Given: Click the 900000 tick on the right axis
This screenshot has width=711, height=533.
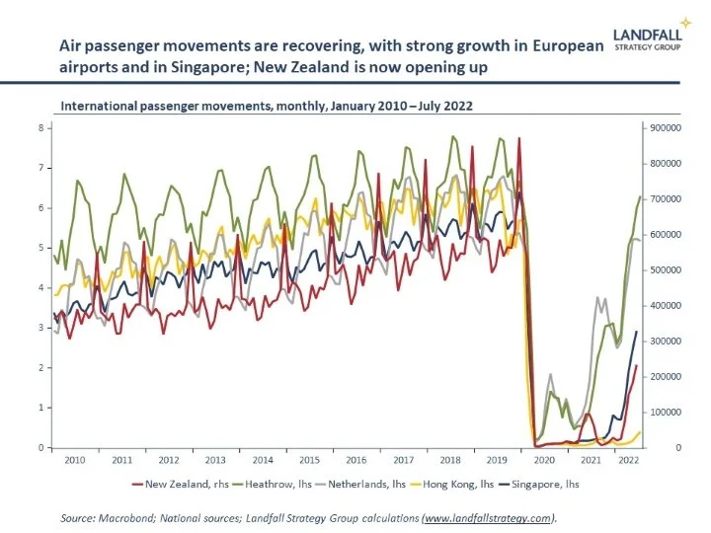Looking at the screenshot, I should tap(669, 127).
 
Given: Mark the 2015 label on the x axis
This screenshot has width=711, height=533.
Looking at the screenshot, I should tap(310, 460).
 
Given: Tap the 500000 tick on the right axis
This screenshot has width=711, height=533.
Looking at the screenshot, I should tap(669, 269).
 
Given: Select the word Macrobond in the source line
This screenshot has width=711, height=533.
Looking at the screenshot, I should tap(123, 517).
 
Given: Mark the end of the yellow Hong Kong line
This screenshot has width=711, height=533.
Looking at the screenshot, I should tap(640, 431).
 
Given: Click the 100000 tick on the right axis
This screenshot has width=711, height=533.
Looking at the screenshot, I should tap(669, 413).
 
